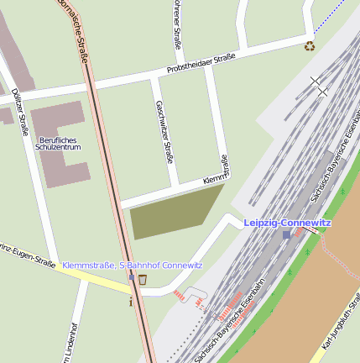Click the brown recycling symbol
point(310,46)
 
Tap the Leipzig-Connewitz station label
point(287,223)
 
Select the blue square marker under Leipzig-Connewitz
point(287,234)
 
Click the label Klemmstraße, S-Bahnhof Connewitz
point(132,266)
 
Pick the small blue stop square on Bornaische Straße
point(132,276)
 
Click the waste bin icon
point(143,279)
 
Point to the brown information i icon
point(131,301)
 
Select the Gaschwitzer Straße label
point(164,130)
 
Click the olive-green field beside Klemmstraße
point(174,212)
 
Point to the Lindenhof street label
point(68,340)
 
